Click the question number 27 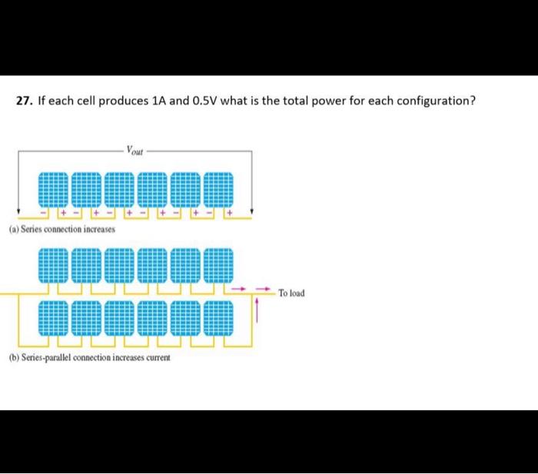[x=25, y=101]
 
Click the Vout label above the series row [x=134, y=151]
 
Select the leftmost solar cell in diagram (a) [x=53, y=190]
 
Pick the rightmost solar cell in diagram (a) [x=218, y=190]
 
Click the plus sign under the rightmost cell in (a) [x=230, y=213]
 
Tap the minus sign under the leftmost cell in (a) [x=44, y=213]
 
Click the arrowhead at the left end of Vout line [x=18, y=211]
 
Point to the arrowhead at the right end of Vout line [x=252, y=211]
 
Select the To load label [x=291, y=293]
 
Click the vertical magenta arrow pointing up [x=257, y=310]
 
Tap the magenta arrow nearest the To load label [x=263, y=289]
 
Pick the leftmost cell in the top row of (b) [x=53, y=266]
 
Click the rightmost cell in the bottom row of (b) [x=218, y=318]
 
